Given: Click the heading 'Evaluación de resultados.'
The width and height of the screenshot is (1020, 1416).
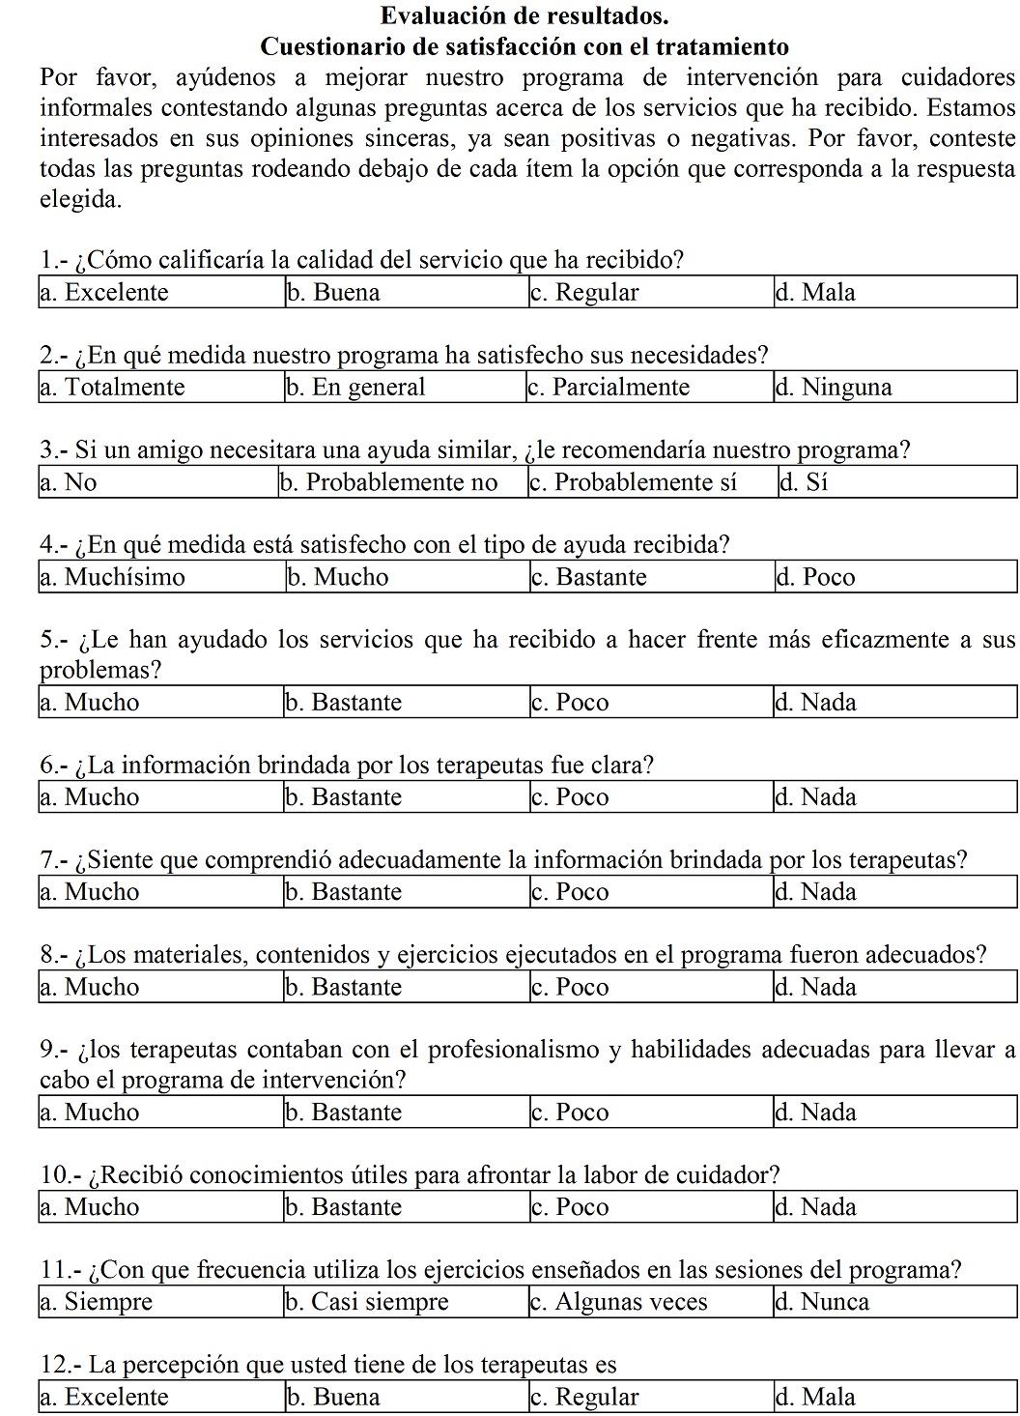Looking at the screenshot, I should [524, 16].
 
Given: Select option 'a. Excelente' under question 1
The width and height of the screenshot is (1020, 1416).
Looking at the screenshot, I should [104, 293].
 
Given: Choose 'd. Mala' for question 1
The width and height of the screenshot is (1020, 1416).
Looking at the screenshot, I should [815, 293].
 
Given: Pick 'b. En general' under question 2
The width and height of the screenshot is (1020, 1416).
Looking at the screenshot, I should [355, 388].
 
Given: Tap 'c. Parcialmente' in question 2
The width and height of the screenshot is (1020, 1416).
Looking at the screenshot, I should [609, 388].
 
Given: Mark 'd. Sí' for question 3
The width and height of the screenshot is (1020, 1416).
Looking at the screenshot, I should [805, 482].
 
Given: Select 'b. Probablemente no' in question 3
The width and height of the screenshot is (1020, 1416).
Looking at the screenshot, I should [388, 482].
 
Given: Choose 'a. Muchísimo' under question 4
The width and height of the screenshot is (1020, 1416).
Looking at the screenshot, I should [112, 577].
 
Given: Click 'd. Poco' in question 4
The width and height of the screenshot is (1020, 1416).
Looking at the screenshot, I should [815, 577].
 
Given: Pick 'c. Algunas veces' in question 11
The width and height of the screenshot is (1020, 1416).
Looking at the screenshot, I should [619, 1302].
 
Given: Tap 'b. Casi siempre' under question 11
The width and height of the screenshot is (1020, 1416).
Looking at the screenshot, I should [367, 1302].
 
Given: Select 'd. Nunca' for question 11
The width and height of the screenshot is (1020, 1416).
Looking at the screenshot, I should [822, 1302].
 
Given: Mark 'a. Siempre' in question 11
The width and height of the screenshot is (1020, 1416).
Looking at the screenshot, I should [97, 1302].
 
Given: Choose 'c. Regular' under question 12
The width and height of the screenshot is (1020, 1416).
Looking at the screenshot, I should [584, 1397].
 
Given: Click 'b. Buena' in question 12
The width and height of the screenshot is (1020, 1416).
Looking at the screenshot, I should [333, 1397].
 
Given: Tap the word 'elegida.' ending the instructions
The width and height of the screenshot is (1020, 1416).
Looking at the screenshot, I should [81, 201].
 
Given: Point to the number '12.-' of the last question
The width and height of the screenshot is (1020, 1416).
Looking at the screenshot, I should [61, 1365].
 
